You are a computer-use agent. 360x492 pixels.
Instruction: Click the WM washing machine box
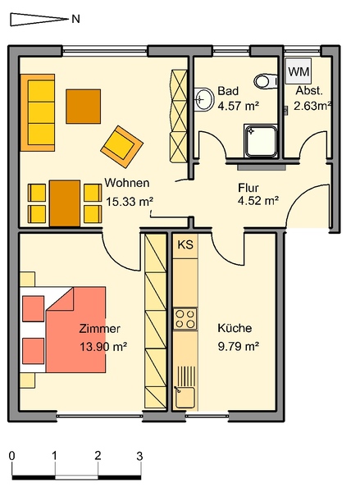298,71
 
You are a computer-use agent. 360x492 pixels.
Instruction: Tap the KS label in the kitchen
185,244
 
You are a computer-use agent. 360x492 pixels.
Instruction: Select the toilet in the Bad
266,81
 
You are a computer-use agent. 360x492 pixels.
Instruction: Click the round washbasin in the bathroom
203,99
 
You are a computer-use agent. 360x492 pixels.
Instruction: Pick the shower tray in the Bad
261,140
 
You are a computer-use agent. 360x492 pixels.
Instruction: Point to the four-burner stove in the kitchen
185,319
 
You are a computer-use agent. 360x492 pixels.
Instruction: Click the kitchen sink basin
185,398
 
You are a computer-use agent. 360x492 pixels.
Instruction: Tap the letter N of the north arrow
75,19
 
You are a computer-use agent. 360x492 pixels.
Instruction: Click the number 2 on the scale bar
98,455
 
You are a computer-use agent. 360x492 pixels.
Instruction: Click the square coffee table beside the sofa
83,107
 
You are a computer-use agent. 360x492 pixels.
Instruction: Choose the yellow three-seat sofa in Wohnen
38,112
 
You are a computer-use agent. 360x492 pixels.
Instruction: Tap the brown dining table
65,203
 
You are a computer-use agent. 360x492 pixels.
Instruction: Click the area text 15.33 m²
129,202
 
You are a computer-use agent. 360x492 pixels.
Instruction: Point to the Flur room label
248,188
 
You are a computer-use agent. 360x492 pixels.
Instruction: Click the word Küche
235,328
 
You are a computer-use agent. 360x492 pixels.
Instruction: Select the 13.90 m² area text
103,347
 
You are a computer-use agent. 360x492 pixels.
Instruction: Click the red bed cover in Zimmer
75,330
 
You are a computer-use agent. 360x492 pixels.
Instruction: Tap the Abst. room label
309,91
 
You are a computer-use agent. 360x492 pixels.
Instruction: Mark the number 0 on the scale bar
12,456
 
